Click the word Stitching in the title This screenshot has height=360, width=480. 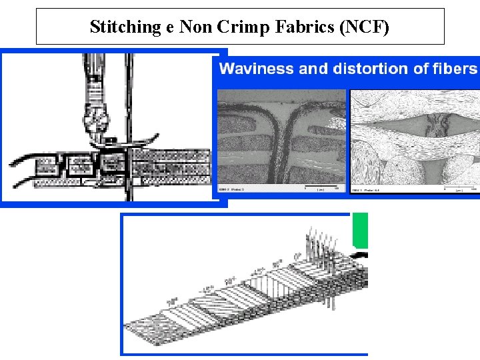click(123, 27)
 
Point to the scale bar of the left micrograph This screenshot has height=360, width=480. click(323, 186)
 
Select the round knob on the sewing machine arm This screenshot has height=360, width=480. click(99, 120)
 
